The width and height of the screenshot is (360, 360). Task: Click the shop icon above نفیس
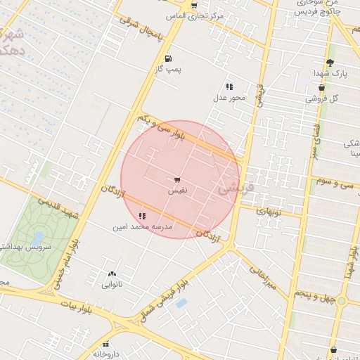point(176,180)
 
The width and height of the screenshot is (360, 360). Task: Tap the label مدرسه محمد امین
point(141,227)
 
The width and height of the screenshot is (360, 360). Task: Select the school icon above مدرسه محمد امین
point(143,216)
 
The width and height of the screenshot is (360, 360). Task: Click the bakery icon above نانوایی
point(112,274)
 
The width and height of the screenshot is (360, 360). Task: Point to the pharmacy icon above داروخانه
point(106,344)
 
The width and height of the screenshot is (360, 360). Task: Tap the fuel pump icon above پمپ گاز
point(167,59)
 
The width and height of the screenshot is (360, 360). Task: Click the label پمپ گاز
point(168,70)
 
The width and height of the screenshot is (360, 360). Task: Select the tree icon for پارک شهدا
point(330,63)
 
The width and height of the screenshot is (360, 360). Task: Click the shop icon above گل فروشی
point(321,88)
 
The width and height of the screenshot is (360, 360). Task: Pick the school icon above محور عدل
point(229,86)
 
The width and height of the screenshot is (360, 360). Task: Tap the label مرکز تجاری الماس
point(194,15)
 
